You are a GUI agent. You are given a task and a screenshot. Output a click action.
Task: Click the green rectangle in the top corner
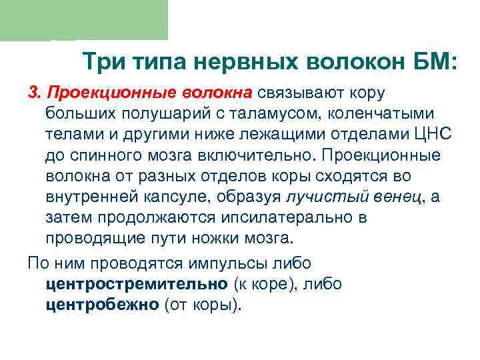tap(83, 20)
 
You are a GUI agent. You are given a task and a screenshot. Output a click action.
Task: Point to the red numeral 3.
tap(34, 91)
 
